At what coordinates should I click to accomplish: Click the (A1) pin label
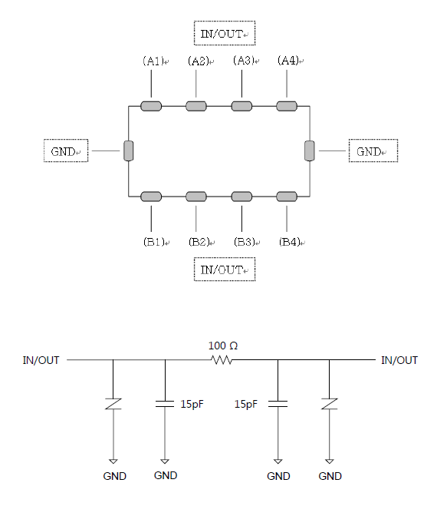(x=154, y=61)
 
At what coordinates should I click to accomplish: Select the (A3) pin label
(x=244, y=61)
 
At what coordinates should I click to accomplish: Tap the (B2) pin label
(x=199, y=242)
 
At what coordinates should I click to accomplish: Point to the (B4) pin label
(x=290, y=242)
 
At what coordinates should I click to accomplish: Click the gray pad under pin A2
(x=196, y=106)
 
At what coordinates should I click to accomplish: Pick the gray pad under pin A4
(x=287, y=106)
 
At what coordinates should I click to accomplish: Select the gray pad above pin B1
(x=151, y=197)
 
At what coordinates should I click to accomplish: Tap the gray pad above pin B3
(x=242, y=197)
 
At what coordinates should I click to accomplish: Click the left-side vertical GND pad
(x=129, y=150)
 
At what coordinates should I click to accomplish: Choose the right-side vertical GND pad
(x=310, y=150)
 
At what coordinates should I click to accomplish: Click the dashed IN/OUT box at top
(x=225, y=33)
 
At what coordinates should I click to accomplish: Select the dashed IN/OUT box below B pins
(x=225, y=270)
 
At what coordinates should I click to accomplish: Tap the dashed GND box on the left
(x=66, y=150)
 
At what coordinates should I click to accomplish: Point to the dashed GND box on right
(x=373, y=150)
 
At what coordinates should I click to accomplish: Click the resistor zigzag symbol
(x=221, y=360)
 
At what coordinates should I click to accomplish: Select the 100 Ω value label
(x=223, y=346)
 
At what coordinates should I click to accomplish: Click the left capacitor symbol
(x=165, y=404)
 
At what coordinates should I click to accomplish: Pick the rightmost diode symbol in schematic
(x=330, y=404)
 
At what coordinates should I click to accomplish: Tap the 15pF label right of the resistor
(x=246, y=404)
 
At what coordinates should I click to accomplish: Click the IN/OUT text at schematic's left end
(x=41, y=360)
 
